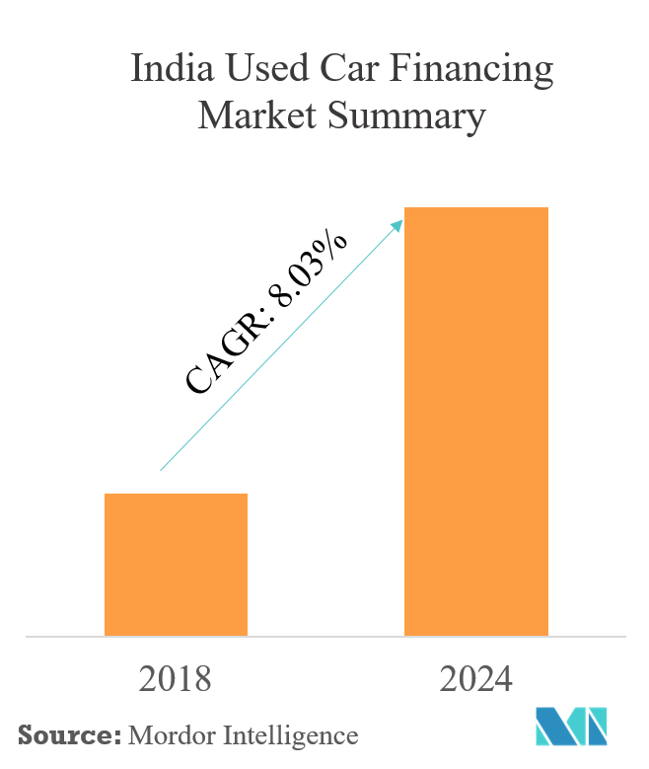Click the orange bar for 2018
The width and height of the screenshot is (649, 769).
pyautogui.click(x=176, y=564)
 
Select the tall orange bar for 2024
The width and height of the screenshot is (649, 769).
pyautogui.click(x=475, y=422)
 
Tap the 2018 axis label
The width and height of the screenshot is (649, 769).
pyautogui.click(x=176, y=679)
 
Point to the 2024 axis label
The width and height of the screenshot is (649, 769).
pyautogui.click(x=476, y=679)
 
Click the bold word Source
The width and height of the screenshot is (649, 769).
pyautogui.click(x=67, y=734)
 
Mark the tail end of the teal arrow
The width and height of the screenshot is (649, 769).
pyautogui.click(x=161, y=470)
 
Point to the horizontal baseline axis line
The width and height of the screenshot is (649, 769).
pyautogui.click(x=325, y=638)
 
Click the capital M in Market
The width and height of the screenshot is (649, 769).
pyautogui.click(x=213, y=116)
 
